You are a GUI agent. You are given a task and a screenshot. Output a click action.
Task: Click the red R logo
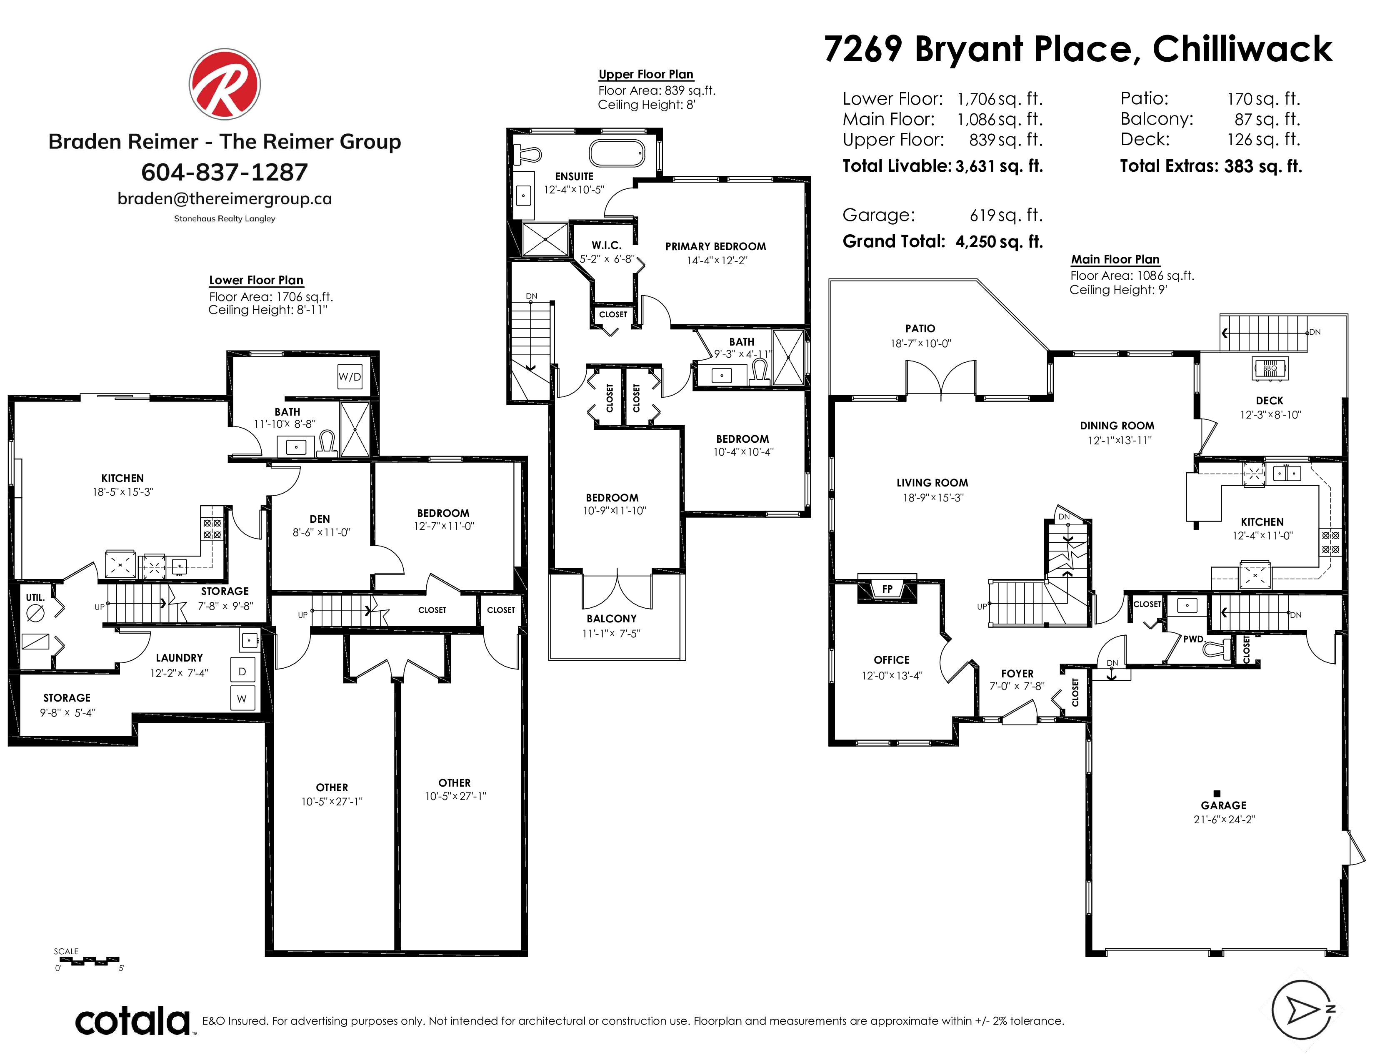pos(224,84)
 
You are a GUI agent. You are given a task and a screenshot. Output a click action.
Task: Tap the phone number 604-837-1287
pos(224,172)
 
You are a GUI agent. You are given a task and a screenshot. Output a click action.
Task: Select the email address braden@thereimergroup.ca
pos(224,198)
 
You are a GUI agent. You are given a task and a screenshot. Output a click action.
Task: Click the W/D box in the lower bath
pos(350,376)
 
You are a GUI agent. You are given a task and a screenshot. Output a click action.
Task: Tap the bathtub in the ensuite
pos(617,153)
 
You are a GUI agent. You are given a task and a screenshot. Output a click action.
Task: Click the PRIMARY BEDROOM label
pos(716,246)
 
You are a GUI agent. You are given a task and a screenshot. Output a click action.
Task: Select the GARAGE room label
pos(1223,805)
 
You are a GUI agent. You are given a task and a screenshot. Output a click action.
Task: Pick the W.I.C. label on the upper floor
pos(606,245)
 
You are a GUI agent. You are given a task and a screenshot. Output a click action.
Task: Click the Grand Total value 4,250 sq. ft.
pos(999,242)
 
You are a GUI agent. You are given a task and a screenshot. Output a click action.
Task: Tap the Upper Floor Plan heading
pos(646,74)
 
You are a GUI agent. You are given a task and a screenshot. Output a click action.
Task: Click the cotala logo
pos(133,1021)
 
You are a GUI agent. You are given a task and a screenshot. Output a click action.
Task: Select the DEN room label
pos(320,519)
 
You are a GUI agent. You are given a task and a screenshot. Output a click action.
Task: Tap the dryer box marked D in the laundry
pos(242,671)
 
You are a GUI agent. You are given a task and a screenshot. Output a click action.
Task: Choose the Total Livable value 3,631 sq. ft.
pos(999,166)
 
